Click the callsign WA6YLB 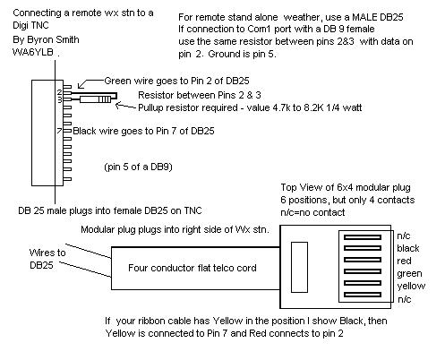(x=33, y=52)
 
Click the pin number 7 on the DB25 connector (x=59, y=131)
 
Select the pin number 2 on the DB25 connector (x=60, y=92)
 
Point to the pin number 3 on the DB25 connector (x=60, y=99)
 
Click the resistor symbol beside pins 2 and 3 (x=95, y=99)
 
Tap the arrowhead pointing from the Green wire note (x=80, y=86)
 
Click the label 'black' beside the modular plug (x=407, y=248)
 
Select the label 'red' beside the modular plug (x=404, y=261)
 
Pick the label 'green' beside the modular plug (x=409, y=274)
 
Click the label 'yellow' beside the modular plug (x=411, y=287)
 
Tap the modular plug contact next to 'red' (x=363, y=260)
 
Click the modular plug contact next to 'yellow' (x=363, y=283)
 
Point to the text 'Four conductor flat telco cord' (x=193, y=268)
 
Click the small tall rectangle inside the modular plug (x=299, y=267)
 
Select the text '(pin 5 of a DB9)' (x=138, y=167)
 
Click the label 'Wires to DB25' (x=47, y=259)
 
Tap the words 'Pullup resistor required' (x=188, y=107)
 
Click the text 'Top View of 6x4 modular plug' (x=346, y=187)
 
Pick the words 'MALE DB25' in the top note (x=378, y=17)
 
